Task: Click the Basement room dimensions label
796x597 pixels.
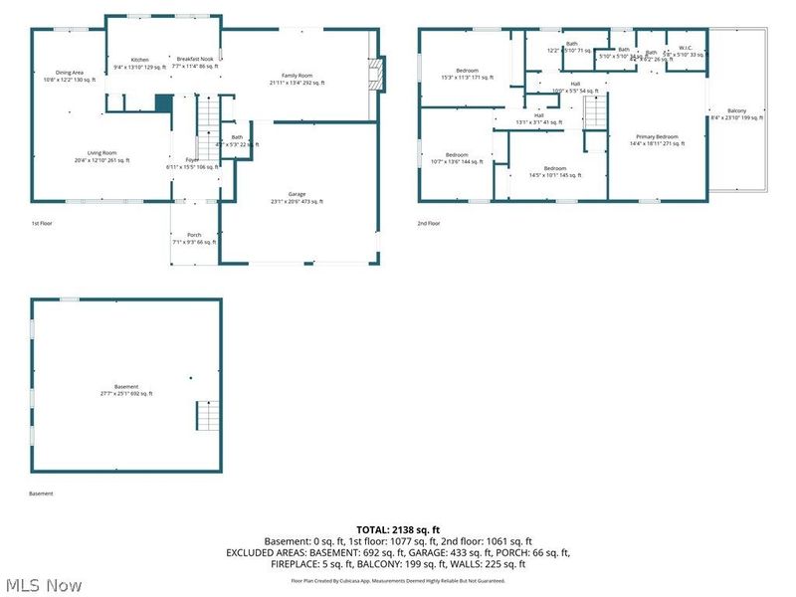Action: (x=126, y=390)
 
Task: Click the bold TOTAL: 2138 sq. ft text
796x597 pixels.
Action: (x=397, y=529)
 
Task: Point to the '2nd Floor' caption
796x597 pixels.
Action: (x=429, y=224)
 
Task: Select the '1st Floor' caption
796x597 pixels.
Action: (x=41, y=224)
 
